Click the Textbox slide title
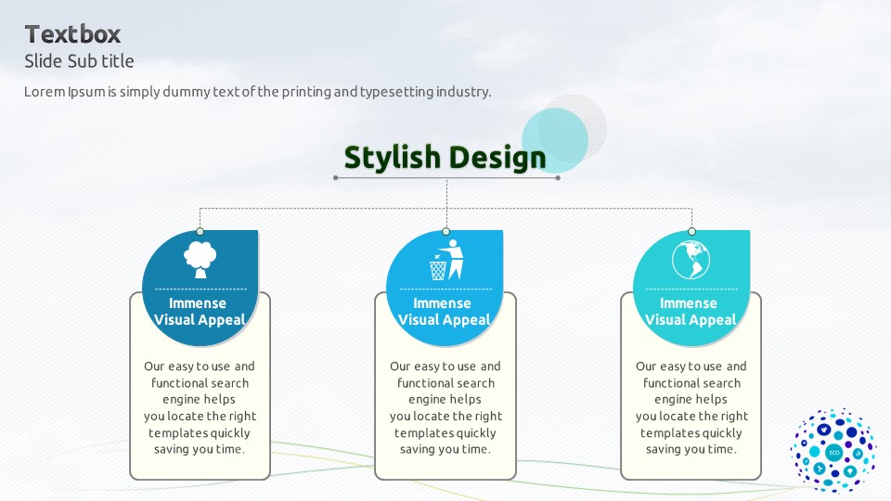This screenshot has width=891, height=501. point(72,34)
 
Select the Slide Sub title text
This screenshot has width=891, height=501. point(79,61)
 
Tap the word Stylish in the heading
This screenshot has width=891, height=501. point(392,158)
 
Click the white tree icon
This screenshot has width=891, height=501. point(200,260)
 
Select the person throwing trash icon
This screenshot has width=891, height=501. point(446,260)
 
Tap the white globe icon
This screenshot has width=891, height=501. point(691,260)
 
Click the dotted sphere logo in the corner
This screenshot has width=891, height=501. point(833,451)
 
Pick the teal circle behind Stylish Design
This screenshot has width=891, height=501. point(555,141)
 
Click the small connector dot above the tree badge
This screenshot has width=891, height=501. point(200,231)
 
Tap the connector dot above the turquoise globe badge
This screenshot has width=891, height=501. point(691,231)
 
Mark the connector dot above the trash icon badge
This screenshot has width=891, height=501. point(446,231)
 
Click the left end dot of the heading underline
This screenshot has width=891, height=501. point(336,178)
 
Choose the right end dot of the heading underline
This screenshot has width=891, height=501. point(558,178)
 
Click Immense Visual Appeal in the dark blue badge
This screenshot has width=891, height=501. point(199,312)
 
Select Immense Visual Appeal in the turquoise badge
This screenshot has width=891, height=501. point(691,312)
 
